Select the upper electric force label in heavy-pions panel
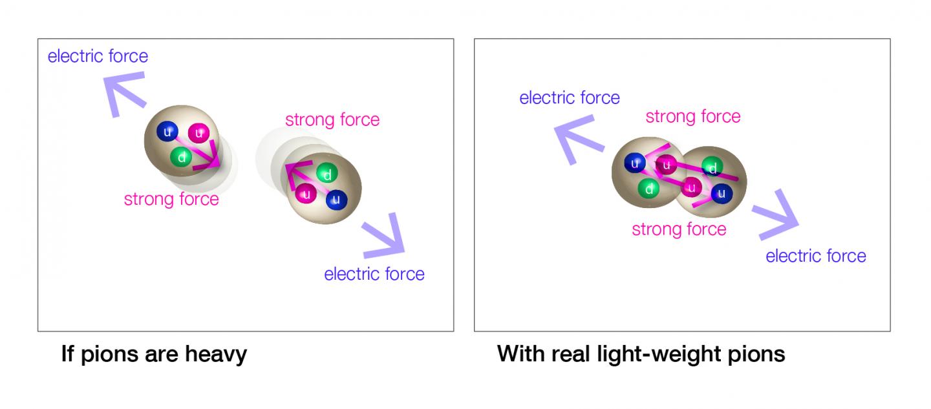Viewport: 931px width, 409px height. (x=98, y=56)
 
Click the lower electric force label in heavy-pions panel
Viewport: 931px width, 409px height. (x=374, y=274)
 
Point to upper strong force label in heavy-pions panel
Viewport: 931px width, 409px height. (x=332, y=120)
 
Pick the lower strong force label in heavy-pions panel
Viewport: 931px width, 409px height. (x=171, y=199)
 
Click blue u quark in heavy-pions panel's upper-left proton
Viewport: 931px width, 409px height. (x=168, y=132)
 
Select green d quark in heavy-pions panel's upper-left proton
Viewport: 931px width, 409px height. (x=182, y=156)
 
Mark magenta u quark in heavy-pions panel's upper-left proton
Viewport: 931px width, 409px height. (x=198, y=133)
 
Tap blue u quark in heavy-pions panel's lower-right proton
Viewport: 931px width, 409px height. (x=336, y=200)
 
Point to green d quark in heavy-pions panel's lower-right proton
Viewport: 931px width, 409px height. (x=328, y=174)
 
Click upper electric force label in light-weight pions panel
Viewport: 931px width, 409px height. (x=570, y=98)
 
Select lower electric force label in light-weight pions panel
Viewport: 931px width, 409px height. (x=816, y=256)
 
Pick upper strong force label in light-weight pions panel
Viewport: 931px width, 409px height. (x=693, y=116)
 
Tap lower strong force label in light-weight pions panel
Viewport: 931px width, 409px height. (x=679, y=229)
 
